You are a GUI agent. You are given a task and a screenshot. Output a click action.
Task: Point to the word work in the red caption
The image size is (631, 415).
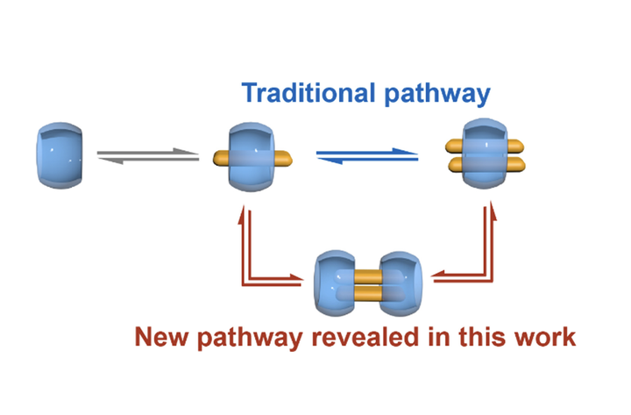(544, 337)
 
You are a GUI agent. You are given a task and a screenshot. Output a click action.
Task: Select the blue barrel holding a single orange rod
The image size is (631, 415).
(251, 159)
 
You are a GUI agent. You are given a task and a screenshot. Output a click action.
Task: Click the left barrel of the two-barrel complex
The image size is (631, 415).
(335, 283)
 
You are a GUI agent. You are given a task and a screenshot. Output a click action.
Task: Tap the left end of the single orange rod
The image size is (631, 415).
(221, 159)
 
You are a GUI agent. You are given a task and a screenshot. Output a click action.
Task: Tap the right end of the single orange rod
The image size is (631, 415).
(282, 159)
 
